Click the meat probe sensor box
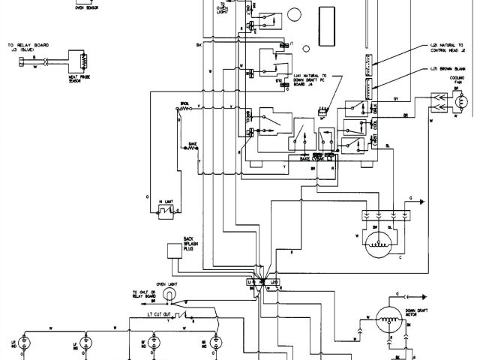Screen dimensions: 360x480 [x=78, y=60]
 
